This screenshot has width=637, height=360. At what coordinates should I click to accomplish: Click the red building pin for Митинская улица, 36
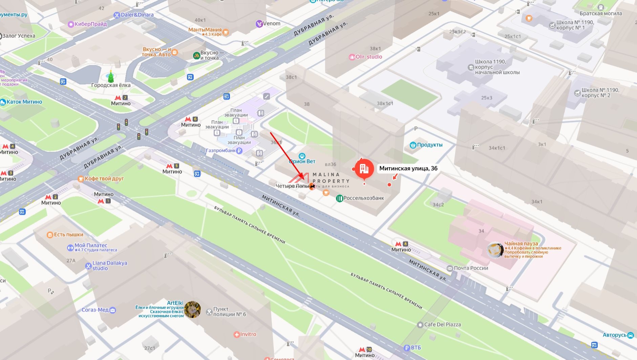pyautogui.click(x=364, y=168)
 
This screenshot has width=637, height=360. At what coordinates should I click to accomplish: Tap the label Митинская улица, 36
pyautogui.click(x=408, y=168)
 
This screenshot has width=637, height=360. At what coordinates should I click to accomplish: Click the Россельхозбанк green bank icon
pyautogui.click(x=339, y=198)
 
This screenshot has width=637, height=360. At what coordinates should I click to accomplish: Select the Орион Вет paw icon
pyautogui.click(x=302, y=156)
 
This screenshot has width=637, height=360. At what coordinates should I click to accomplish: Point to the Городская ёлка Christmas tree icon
pyautogui.click(x=111, y=77)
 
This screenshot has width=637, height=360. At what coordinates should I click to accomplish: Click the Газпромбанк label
pyautogui.click(x=220, y=150)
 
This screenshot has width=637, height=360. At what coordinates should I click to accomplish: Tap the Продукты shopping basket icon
pyautogui.click(x=413, y=145)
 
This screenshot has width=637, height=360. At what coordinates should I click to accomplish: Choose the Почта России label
pyautogui.click(x=471, y=268)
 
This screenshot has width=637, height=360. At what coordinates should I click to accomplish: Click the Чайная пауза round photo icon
pyautogui.click(x=495, y=250)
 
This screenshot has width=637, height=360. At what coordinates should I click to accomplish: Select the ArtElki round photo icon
pyautogui.click(x=192, y=310)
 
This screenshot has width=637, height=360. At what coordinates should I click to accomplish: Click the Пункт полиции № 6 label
pyautogui.click(x=229, y=312)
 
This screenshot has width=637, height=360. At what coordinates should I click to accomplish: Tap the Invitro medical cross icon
pyautogui.click(x=237, y=335)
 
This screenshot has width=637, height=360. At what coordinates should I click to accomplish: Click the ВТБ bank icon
pyautogui.click(x=407, y=348)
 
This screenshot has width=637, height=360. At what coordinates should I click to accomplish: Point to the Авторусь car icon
pyautogui.click(x=631, y=335)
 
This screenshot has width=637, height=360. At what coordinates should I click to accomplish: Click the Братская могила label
pyautogui.click(x=600, y=14)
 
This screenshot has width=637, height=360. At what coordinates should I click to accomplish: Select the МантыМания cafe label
pyautogui.click(x=205, y=30)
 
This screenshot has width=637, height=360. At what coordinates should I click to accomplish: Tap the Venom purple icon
pyautogui.click(x=259, y=24)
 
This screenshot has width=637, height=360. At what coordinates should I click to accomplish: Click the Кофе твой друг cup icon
pyautogui.click(x=81, y=179)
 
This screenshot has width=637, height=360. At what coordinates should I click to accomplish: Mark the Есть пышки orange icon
pyautogui.click(x=50, y=235)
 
